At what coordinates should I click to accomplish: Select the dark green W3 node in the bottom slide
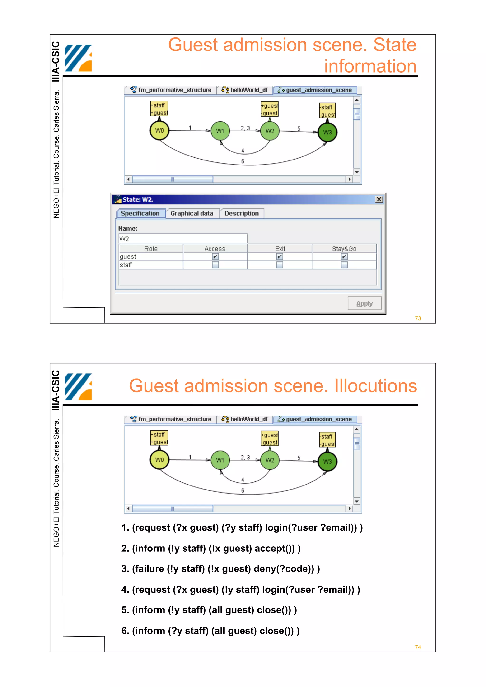327,461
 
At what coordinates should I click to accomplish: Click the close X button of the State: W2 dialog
379,199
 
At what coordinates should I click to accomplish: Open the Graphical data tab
192,213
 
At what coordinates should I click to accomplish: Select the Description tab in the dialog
241,213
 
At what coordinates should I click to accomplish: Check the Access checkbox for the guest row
215,257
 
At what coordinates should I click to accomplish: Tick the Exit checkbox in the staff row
279,265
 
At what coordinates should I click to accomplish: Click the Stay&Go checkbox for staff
344,265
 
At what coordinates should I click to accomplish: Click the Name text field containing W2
183,238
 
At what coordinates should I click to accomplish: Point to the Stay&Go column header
344,249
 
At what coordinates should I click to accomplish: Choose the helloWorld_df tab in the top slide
245,90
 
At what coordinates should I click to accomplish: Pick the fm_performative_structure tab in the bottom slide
171,419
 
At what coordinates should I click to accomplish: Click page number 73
418,318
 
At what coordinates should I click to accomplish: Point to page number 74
418,647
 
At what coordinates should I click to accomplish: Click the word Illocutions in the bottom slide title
375,386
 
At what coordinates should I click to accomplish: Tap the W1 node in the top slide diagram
220,131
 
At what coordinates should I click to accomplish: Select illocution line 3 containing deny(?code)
220,568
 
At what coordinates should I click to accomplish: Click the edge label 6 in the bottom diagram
243,490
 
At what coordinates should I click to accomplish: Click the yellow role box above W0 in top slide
159,109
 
